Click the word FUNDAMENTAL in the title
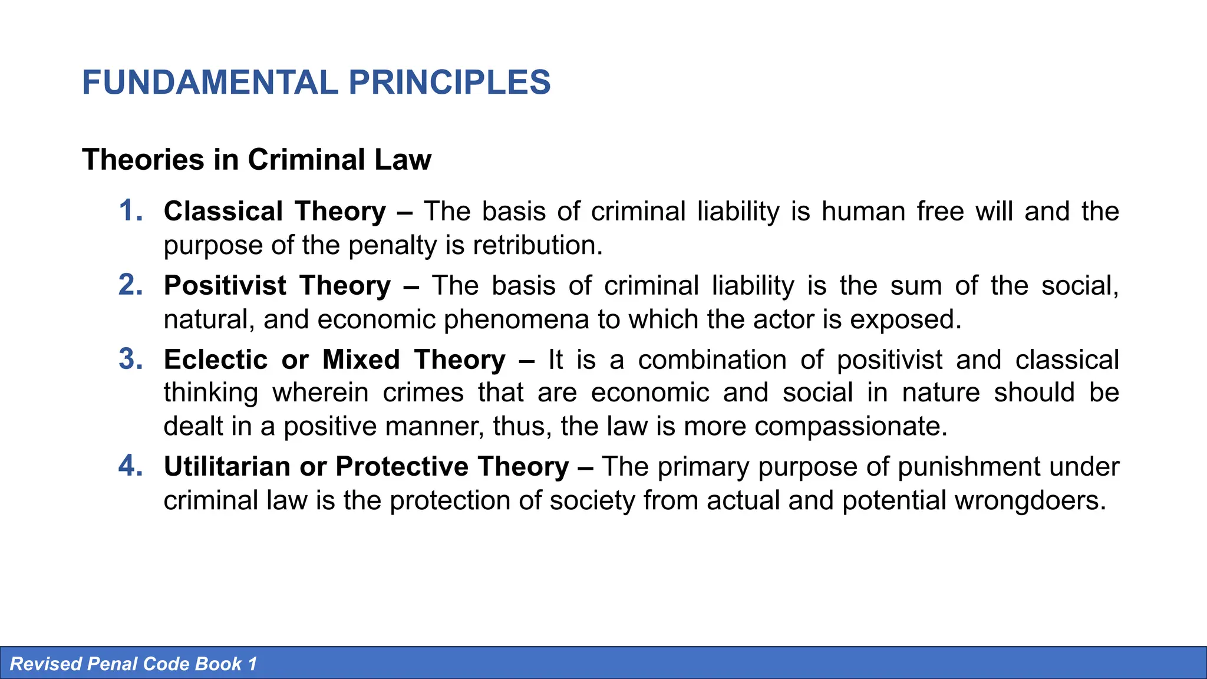(x=210, y=83)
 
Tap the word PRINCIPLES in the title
(x=449, y=83)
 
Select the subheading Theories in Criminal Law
(x=256, y=160)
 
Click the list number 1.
(x=130, y=211)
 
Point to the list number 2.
(x=130, y=285)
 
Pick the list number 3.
(x=130, y=360)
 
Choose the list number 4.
(x=130, y=466)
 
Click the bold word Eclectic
(x=216, y=360)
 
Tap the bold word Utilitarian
(x=227, y=466)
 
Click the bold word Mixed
(x=361, y=360)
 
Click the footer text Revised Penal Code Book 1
(x=134, y=664)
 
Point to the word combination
(x=712, y=360)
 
